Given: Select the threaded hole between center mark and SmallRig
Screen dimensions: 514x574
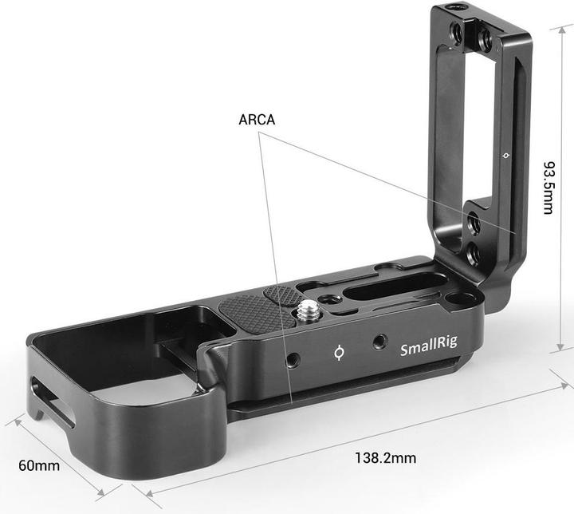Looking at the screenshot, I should point(379,342).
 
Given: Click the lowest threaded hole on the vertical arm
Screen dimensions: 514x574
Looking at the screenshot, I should point(473,255).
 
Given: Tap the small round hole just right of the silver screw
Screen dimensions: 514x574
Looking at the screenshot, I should point(330,306).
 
